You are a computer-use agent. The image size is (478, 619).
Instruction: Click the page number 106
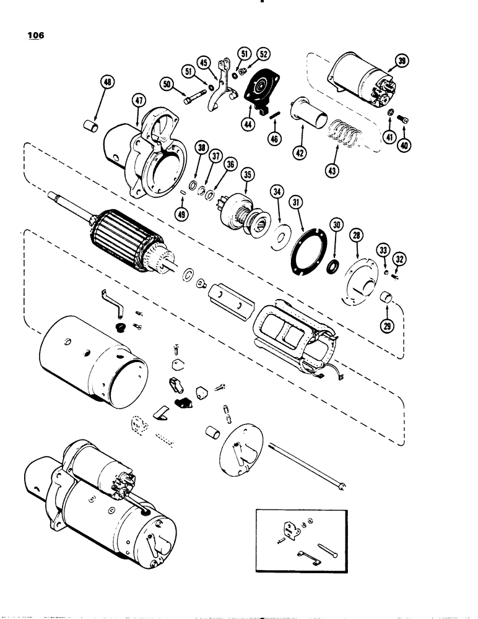(x=36, y=35)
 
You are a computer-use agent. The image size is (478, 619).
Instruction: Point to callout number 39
(x=402, y=61)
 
